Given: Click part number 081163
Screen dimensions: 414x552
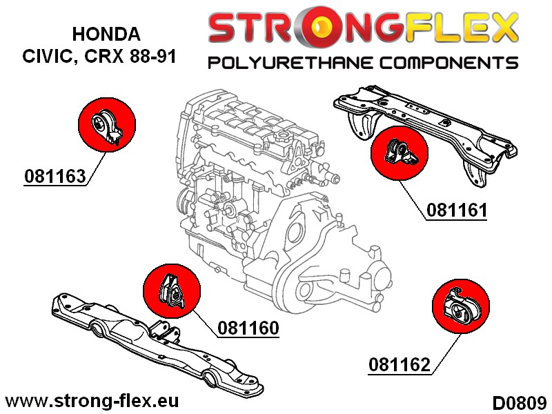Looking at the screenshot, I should click(x=55, y=176).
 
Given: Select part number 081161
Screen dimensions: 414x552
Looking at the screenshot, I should click(x=457, y=210).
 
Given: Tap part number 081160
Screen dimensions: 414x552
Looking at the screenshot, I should click(x=248, y=328).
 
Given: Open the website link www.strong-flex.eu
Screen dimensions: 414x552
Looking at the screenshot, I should click(x=92, y=401).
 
